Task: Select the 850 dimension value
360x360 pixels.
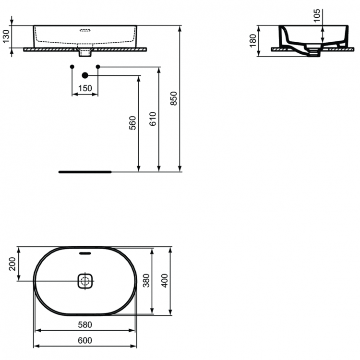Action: (x=174, y=98)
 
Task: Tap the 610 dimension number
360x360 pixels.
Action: (x=153, y=119)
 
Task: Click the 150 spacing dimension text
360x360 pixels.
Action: (x=84, y=88)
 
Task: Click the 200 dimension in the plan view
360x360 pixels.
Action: (x=13, y=264)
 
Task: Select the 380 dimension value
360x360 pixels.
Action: (x=147, y=280)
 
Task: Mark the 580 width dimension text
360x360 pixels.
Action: (x=85, y=325)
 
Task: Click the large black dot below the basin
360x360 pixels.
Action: (x=85, y=75)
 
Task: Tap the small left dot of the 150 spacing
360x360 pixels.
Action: (x=72, y=66)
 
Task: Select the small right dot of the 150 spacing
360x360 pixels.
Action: (x=98, y=66)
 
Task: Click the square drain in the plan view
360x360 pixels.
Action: (x=85, y=281)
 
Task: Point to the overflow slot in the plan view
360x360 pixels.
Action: (x=85, y=252)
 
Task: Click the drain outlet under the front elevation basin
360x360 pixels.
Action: (x=85, y=51)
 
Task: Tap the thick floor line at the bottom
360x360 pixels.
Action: (x=84, y=171)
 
